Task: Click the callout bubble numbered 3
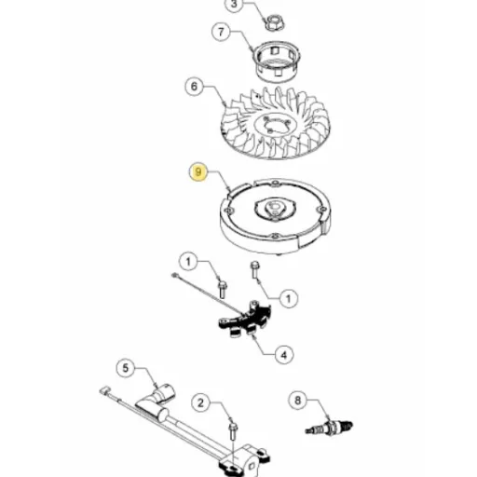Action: tap(234, 5)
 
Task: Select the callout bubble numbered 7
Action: tap(221, 32)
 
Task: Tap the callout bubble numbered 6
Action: tap(195, 87)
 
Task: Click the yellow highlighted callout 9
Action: tap(198, 171)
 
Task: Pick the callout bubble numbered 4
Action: tap(284, 355)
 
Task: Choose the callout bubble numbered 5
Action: tap(126, 368)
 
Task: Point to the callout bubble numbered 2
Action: tap(200, 403)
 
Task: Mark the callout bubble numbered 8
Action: tap(298, 400)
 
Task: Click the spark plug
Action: tap(329, 427)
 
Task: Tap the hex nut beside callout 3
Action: tap(274, 22)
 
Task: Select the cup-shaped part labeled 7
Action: tap(277, 61)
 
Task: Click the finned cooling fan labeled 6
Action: tap(275, 123)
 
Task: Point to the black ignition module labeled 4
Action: tap(245, 320)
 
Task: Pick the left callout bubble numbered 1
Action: tap(188, 262)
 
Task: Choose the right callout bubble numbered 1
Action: tap(289, 298)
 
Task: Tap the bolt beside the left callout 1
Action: tap(223, 290)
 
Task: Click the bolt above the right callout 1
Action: tap(254, 269)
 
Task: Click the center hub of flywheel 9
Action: tap(275, 208)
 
